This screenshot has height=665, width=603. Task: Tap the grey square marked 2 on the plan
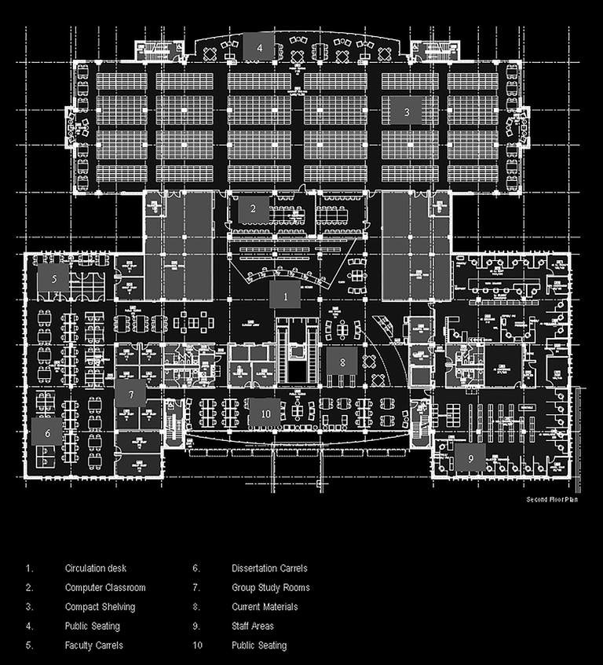(253, 209)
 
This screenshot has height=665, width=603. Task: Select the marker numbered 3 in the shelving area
(407, 112)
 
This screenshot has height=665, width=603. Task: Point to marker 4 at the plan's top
(259, 47)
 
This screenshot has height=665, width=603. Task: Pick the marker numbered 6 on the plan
(47, 432)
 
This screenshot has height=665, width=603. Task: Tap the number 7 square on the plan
(131, 393)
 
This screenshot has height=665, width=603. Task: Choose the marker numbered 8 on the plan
(342, 362)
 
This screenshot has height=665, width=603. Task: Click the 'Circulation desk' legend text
(96, 568)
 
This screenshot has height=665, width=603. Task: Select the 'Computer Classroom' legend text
(105, 588)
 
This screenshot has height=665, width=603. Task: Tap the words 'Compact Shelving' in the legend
(100, 607)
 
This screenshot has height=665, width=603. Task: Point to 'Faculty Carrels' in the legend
(94, 645)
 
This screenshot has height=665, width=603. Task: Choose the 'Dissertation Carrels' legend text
(269, 568)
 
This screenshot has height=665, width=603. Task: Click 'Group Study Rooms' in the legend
(271, 588)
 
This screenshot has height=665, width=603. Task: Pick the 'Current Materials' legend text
(265, 607)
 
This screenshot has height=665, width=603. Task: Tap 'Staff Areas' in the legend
(253, 626)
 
